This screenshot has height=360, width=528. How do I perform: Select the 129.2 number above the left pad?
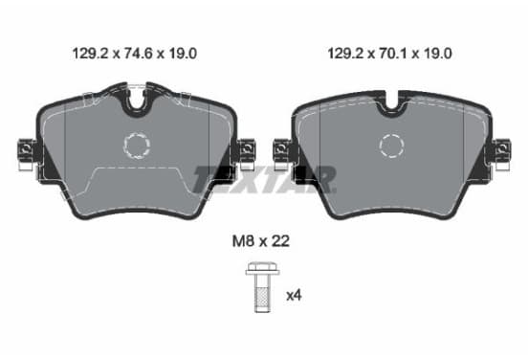(90, 54)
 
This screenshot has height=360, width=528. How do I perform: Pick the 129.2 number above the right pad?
(345, 54)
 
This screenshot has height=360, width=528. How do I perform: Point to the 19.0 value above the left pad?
(183, 54)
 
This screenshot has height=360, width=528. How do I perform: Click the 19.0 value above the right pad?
(438, 54)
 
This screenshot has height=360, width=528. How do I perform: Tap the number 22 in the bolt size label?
(280, 241)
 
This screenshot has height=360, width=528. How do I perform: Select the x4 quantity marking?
(294, 296)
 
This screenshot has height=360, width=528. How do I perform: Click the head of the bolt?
(263, 269)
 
